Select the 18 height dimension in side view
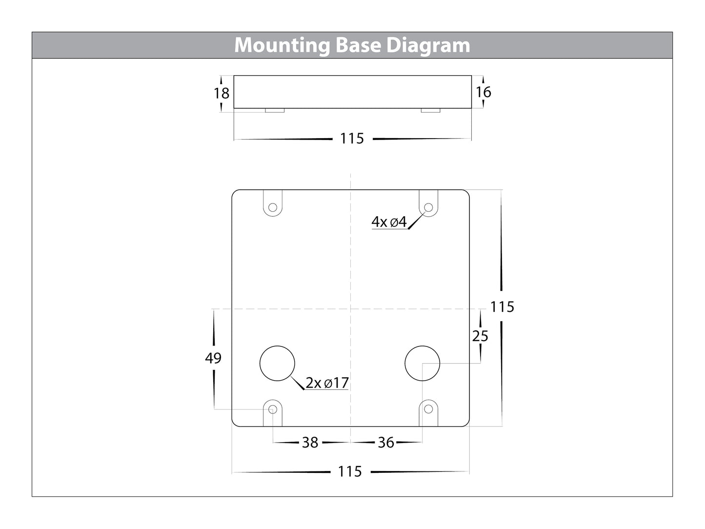coord(222,93)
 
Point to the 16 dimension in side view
coord(483,92)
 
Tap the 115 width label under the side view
coord(352,139)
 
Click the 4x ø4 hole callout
coord(389,222)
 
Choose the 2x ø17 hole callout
coord(327,383)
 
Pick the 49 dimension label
coord(213,358)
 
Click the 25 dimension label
coord(480,336)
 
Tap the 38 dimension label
coord(310,443)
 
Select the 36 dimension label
coord(386,443)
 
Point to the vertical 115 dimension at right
coord(503,306)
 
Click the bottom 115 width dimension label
coord(350,471)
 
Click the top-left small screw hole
coord(273,208)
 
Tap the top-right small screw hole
coord(428,208)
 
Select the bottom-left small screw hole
coord(273,408)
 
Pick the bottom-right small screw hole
coord(428,408)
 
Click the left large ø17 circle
coord(278,364)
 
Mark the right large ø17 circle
coord(423,364)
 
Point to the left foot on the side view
coord(275,110)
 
